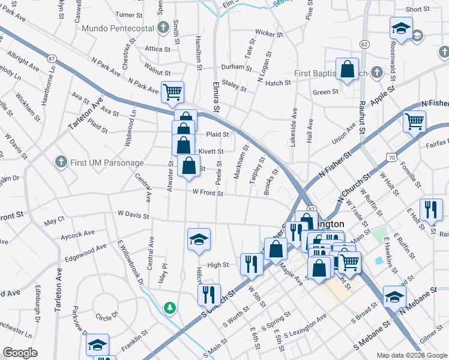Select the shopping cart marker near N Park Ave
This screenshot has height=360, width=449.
(x=172, y=92)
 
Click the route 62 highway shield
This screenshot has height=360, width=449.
(x=364, y=44)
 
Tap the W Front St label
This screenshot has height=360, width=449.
(x=208, y=193)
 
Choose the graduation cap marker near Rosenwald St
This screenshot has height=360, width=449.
(x=400, y=28)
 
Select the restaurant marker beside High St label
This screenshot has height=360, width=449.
(x=251, y=263)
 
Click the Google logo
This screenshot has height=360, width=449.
(x=20, y=353)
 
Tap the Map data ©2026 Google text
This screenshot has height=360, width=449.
(x=411, y=355)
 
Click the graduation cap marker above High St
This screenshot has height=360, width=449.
(x=198, y=239)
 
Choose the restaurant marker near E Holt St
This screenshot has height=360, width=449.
(x=430, y=209)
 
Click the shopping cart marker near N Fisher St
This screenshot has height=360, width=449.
(x=414, y=122)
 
